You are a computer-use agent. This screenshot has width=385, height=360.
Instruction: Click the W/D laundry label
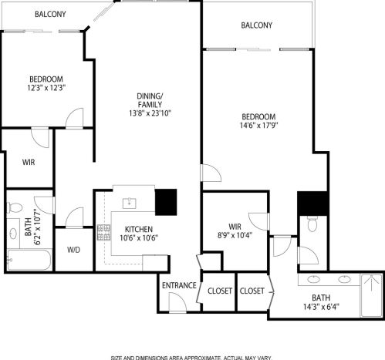click(74, 250)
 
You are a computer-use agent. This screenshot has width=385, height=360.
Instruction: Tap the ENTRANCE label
click(179, 285)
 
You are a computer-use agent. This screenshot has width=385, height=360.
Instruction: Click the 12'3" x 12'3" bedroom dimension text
click(46, 88)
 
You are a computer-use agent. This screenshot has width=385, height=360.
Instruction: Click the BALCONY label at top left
click(50, 14)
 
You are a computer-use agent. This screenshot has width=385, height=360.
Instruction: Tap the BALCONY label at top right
click(256, 25)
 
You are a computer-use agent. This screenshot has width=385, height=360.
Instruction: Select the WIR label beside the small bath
click(28, 162)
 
